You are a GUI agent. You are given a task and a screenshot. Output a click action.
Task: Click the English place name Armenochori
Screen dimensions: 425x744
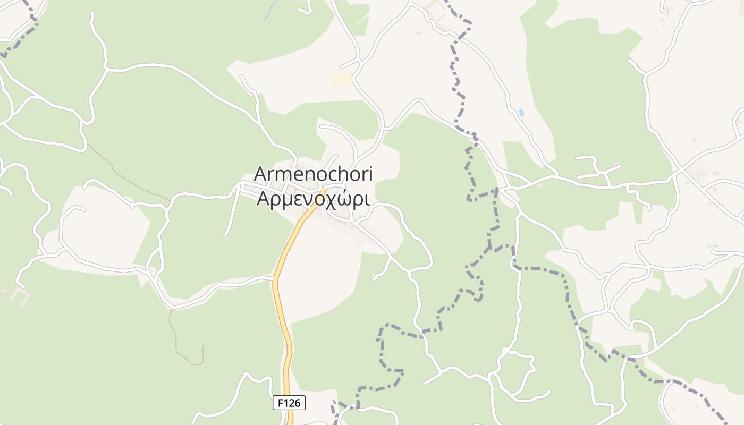314,174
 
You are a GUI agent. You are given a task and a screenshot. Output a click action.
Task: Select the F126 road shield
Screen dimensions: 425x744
289,403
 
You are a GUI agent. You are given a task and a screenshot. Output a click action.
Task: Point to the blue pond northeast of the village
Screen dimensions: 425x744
521,113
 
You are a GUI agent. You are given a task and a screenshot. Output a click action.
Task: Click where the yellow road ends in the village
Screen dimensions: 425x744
323,190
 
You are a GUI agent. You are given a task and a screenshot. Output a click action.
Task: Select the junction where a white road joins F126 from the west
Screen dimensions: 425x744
274,277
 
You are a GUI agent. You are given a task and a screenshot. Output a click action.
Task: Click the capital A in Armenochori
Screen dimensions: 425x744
261,174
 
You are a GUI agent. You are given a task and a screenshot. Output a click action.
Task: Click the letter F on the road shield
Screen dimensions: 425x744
280,403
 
